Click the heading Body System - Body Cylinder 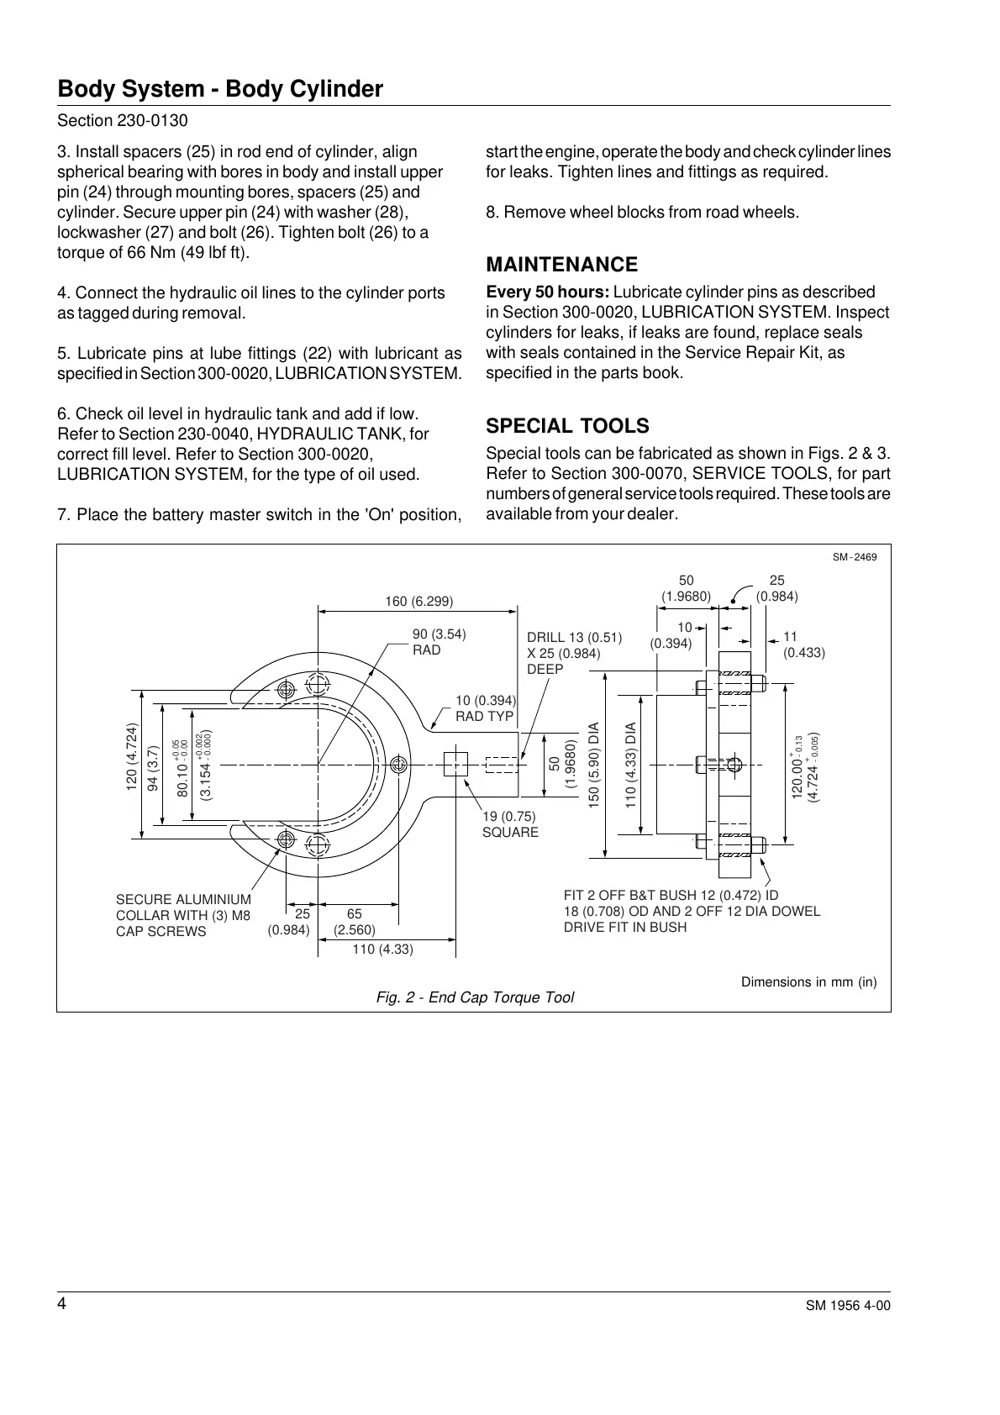click(x=220, y=89)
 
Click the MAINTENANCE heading click(x=562, y=265)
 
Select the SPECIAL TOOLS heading click(x=568, y=425)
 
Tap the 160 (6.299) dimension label click(x=419, y=602)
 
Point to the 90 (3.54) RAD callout click(x=439, y=642)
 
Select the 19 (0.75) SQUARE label click(x=509, y=823)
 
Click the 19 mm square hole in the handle click(x=455, y=764)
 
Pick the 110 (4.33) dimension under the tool click(x=382, y=949)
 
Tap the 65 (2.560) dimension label click(x=355, y=922)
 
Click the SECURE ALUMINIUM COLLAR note click(x=183, y=915)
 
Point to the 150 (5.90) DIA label click(x=594, y=765)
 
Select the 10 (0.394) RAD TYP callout click(x=485, y=708)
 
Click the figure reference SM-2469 click(x=855, y=557)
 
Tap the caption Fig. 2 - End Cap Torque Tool click(x=475, y=997)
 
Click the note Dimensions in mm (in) click(x=808, y=981)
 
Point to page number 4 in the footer click(x=61, y=1303)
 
